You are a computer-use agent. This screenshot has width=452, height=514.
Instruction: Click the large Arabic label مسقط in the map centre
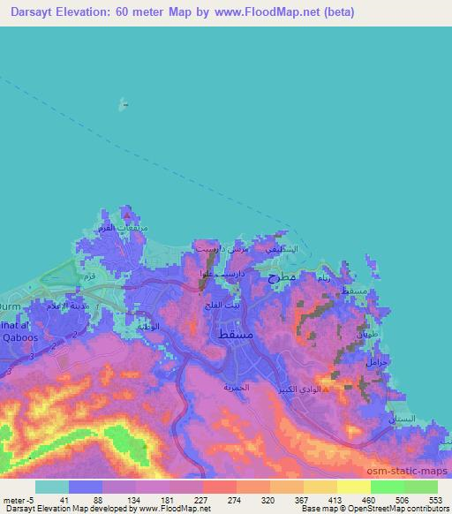coord(231,334)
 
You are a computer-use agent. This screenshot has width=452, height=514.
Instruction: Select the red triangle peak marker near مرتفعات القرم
coord(129,214)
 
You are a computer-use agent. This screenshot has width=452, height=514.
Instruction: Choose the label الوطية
coord(147,326)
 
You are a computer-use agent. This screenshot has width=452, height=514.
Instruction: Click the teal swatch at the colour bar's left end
coord(52,487)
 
